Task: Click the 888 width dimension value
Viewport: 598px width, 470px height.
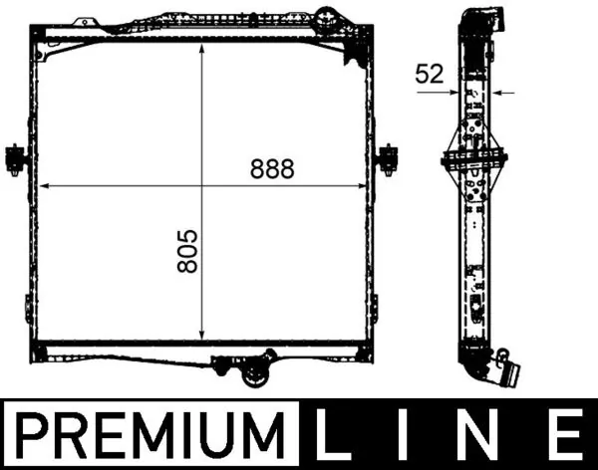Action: point(273,169)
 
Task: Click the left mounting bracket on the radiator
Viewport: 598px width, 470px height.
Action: point(15,157)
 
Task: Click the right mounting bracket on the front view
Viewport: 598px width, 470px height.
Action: point(388,156)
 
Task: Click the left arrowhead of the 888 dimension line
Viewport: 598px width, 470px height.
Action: point(42,186)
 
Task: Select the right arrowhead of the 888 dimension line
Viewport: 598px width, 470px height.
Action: point(366,186)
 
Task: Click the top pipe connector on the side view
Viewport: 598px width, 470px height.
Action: point(477,20)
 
